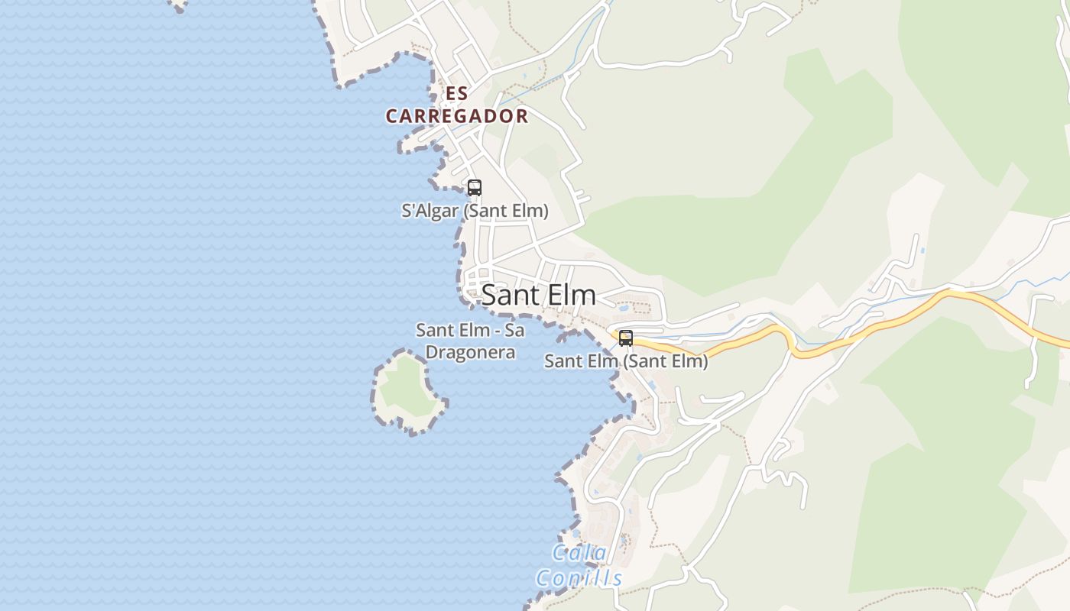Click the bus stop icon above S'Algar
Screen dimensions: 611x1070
tap(475, 187)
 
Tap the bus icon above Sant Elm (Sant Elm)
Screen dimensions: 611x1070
tap(626, 338)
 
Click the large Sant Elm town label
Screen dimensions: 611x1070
tap(538, 296)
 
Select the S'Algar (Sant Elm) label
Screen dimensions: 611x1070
tap(475, 211)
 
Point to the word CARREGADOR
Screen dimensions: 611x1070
tap(457, 116)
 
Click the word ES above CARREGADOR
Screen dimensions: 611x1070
tap(456, 93)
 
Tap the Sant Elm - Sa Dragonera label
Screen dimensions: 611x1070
tap(470, 341)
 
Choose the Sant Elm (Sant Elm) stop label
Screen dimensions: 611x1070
tap(626, 361)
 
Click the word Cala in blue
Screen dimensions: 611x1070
tap(579, 553)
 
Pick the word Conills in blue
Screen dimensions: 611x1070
tap(579, 578)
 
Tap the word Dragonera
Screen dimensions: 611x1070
tap(470, 353)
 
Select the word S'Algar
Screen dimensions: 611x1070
tap(430, 211)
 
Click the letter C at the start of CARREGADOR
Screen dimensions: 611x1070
tap(392, 117)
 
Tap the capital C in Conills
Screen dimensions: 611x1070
tap(543, 578)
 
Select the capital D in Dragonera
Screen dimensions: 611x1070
tap(431, 353)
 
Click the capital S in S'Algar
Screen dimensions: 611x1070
tap(407, 211)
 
